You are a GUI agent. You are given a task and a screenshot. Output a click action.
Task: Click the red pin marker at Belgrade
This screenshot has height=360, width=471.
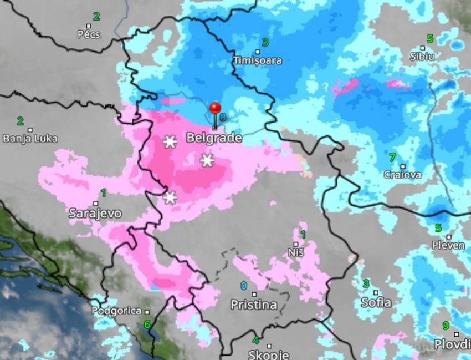(215, 109)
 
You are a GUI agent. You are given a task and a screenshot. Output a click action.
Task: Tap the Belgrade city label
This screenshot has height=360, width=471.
(214, 138)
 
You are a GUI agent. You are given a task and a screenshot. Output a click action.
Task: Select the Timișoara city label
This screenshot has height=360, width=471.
(257, 60)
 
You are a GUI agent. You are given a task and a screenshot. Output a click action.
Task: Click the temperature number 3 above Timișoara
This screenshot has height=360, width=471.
(265, 42)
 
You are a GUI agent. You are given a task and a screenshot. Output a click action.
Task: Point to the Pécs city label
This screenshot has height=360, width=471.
(89, 34)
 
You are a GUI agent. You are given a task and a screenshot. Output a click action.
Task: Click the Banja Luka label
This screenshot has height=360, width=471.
(30, 139)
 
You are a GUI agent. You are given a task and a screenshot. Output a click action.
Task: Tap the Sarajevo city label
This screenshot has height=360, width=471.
(95, 213)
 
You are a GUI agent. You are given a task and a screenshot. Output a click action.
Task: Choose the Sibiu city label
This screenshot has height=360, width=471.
(422, 56)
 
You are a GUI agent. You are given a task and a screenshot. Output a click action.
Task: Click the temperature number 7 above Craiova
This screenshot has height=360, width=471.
(392, 158)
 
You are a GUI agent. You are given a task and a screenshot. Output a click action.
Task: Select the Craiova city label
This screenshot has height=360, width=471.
(402, 175)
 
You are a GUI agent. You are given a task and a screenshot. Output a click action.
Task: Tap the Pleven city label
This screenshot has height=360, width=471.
(448, 245)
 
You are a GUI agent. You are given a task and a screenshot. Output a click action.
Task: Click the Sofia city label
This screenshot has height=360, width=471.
(376, 302)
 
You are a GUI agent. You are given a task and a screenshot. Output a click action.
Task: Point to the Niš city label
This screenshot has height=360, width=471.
(296, 252)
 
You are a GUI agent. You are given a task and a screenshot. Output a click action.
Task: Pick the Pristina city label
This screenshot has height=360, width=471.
(254, 305)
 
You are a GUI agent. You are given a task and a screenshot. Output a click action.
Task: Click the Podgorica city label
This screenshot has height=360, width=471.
(116, 311)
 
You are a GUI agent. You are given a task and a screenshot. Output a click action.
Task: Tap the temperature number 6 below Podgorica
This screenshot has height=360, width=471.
(147, 324)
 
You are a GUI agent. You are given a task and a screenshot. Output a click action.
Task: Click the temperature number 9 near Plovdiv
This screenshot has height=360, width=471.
(446, 326)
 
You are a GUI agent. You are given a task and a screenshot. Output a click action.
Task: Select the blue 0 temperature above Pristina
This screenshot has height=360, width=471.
(244, 286)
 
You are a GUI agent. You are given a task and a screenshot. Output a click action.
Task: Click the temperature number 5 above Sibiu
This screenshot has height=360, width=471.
(429, 39)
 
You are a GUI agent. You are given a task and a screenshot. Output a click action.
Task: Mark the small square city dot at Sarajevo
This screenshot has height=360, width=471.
(96, 203)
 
